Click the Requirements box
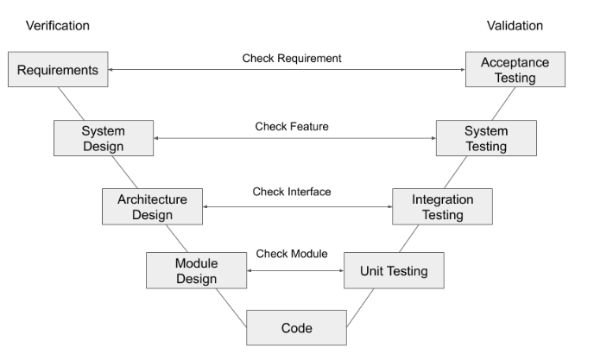point(58,69)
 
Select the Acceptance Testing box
point(515,69)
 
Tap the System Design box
point(104,138)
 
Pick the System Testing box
point(486,138)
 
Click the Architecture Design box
point(152,206)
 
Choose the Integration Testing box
point(442,206)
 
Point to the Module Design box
point(196,270)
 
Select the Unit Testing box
point(394,270)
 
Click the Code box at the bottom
point(297,328)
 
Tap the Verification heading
point(58,26)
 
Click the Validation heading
point(515,26)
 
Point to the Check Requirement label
point(292,59)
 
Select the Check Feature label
point(292,127)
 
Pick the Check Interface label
point(292,192)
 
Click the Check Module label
point(292,254)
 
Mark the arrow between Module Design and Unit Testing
point(295,270)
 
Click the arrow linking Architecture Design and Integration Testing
point(297,206)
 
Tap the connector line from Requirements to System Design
point(71,104)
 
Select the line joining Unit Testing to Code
point(360,307)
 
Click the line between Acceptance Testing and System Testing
point(504,104)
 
